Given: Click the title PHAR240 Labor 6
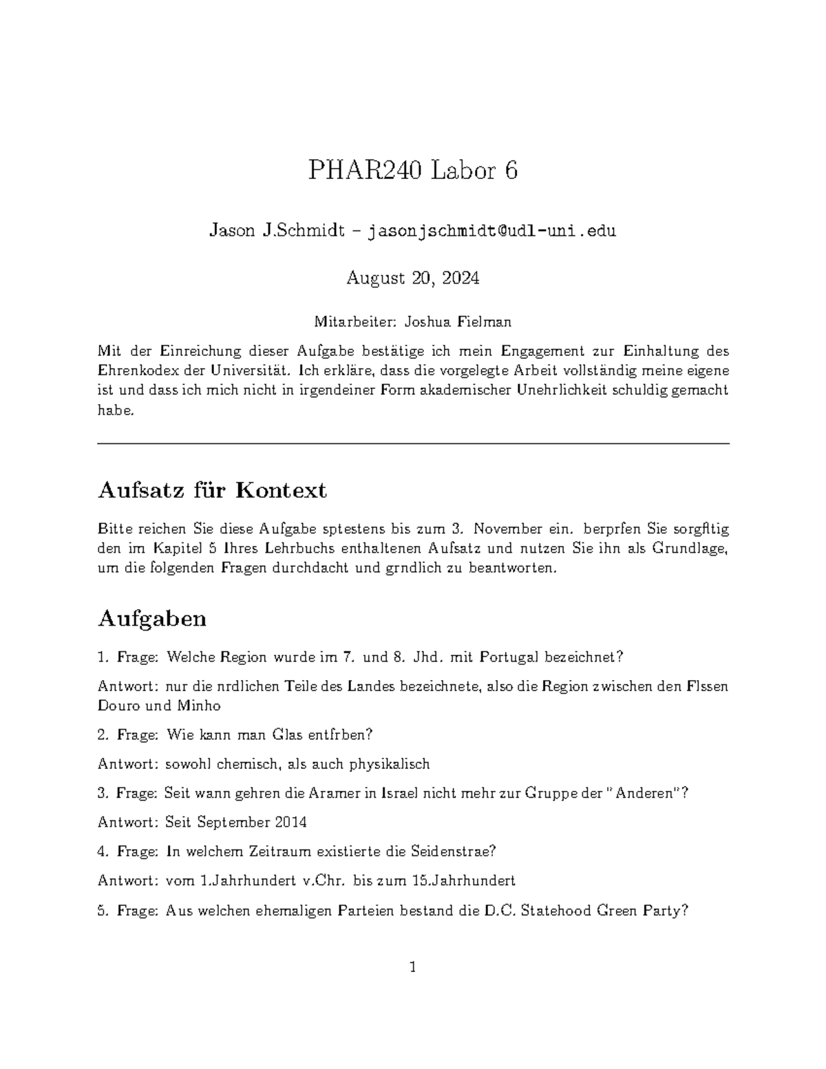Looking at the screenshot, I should (412, 170).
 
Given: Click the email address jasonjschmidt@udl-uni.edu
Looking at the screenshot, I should (492, 231).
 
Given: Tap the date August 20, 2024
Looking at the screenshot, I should (412, 278).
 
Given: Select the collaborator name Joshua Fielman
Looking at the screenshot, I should (458, 321).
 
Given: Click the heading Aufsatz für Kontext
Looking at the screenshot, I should (212, 490).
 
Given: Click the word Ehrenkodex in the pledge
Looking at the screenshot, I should (133, 370).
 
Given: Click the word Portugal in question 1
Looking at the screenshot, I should (509, 657).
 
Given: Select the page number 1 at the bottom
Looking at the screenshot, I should (413, 967).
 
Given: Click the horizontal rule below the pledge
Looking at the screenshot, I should (413, 444).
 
